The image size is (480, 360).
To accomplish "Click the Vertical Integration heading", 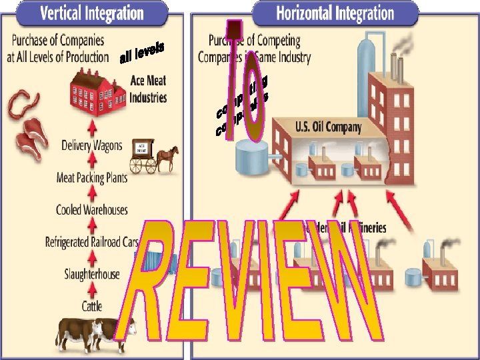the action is click(x=92, y=13).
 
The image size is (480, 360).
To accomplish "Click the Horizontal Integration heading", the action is click(x=335, y=13).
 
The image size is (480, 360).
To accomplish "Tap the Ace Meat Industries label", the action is click(x=147, y=89).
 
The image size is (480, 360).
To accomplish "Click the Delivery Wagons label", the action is click(x=92, y=145).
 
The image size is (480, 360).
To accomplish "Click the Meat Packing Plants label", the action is click(x=92, y=177).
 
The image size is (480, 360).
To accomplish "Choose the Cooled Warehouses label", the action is click(x=92, y=210).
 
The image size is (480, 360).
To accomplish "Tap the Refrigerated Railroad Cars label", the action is click(x=92, y=242).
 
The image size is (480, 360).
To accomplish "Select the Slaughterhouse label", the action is click(x=92, y=274).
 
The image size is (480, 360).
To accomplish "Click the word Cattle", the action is click(x=92, y=306).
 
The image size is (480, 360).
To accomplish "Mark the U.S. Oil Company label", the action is click(x=328, y=127).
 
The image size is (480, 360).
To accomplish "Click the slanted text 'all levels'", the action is click(x=142, y=53).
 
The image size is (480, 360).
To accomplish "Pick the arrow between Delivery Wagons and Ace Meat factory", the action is click(x=92, y=127).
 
